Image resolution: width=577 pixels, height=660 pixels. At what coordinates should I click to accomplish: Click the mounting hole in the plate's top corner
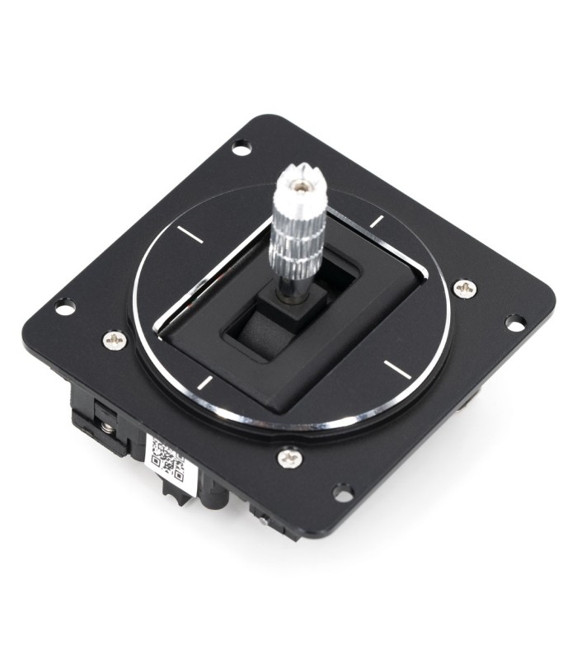pos(241,148)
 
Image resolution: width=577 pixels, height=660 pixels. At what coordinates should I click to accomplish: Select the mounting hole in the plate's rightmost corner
pos(514,323)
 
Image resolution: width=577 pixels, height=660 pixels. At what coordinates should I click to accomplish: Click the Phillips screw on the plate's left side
pos(115,338)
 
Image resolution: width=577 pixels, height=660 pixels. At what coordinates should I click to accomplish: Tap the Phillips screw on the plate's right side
pos(464,288)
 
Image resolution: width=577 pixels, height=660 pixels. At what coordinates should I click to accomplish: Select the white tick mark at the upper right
pos(377,221)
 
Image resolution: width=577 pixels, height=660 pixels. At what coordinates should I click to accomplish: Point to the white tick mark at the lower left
pos(204,381)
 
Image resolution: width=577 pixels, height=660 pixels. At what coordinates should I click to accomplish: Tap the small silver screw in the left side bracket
pos(107,427)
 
